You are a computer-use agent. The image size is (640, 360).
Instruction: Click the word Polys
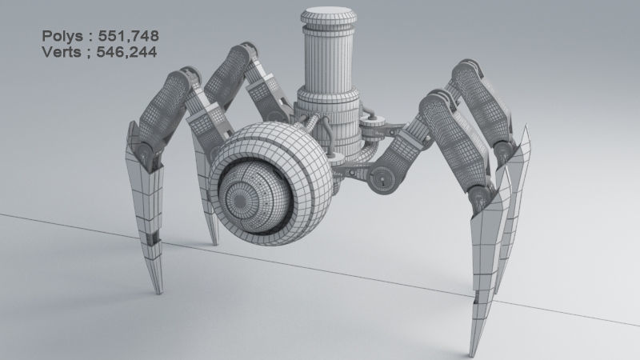pos(62,36)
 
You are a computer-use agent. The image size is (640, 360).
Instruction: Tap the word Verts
pos(62,52)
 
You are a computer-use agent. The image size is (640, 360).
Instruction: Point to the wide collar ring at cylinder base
pos(329,104)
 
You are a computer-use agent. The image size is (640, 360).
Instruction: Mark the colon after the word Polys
pos(90,37)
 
